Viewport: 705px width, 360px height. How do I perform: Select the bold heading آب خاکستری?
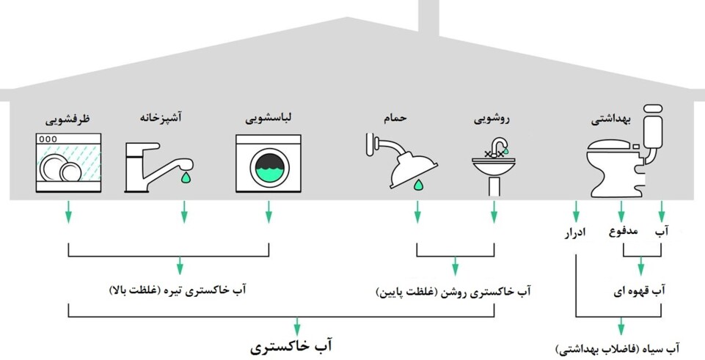point(296,344)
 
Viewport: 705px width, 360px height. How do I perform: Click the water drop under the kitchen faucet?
point(184,177)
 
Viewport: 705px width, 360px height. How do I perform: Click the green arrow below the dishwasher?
point(68,213)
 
